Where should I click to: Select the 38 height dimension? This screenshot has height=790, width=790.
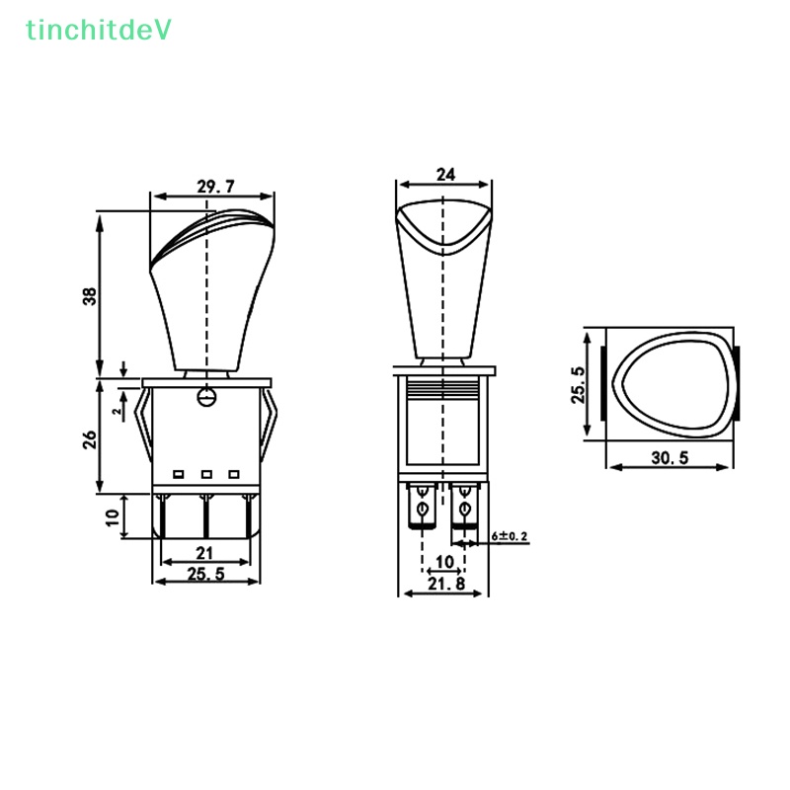(90, 295)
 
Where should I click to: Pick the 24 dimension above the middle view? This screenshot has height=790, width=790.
(445, 175)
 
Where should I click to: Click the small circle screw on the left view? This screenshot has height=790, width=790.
(206, 397)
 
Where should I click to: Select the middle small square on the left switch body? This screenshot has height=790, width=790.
(206, 475)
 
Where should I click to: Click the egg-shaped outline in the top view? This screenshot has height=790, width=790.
(671, 381)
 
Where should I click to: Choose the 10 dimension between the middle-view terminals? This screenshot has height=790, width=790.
(444, 561)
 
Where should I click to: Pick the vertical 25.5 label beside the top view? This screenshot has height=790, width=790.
(579, 385)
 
